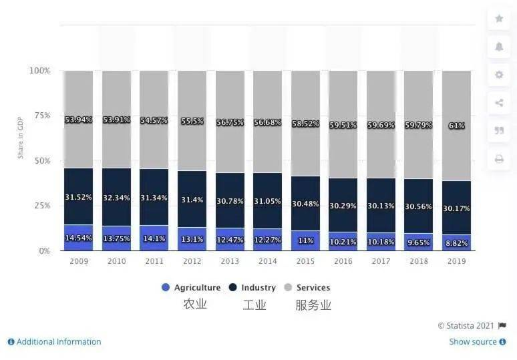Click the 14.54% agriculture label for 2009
pos(78,238)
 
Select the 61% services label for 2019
pos(457,126)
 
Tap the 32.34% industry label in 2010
pos(116,198)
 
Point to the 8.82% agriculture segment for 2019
pos(457,243)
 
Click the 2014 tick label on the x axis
pos(268,261)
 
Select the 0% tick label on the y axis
pos(44,251)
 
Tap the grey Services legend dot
pos(288,288)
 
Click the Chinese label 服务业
pos(313,305)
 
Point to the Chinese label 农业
pos(195,305)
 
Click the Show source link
pos(473,342)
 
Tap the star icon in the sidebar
pos(499,19)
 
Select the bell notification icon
pos(499,47)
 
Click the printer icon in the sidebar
pos(499,159)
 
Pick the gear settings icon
pos(499,75)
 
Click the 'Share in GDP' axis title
pos(21,137)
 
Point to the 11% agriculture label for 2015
pos(305,239)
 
